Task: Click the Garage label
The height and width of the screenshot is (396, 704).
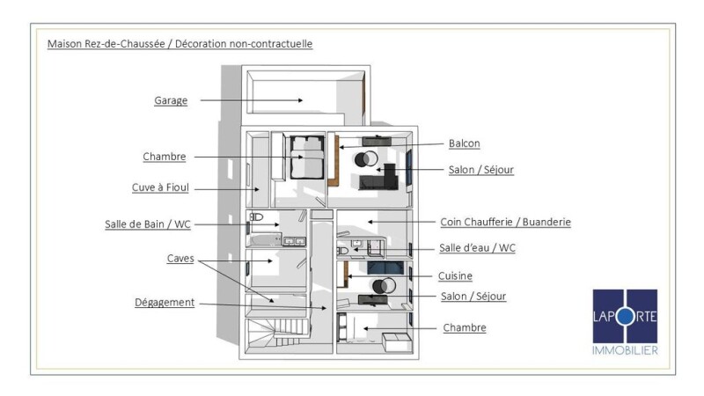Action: coord(171,100)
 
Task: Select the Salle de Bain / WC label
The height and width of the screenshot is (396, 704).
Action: coord(147,224)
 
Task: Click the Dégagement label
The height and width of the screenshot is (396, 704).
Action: coord(165,302)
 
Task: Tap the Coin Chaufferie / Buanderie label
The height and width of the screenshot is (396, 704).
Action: coord(506,223)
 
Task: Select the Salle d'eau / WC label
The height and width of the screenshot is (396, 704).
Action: coord(477,248)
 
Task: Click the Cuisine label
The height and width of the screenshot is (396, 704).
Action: coord(456,275)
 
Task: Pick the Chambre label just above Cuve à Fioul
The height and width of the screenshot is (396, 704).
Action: coord(165,157)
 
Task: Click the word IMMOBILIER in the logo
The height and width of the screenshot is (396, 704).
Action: coord(625,350)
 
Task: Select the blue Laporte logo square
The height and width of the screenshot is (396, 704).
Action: coord(625,316)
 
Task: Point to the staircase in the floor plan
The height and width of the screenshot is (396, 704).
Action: coord(278,334)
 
